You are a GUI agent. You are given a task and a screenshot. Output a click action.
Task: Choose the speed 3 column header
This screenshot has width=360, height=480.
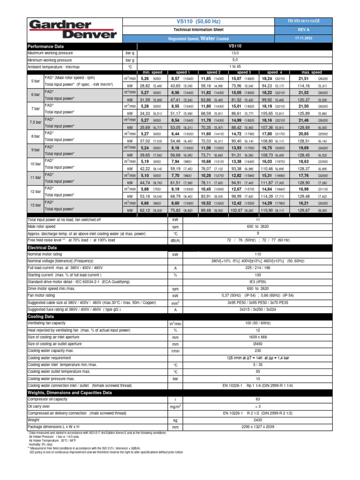(244, 73)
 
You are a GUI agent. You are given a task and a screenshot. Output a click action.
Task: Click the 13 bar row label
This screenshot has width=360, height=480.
(36, 205)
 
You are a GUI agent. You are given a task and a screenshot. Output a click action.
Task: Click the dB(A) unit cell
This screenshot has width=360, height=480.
(175, 240)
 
